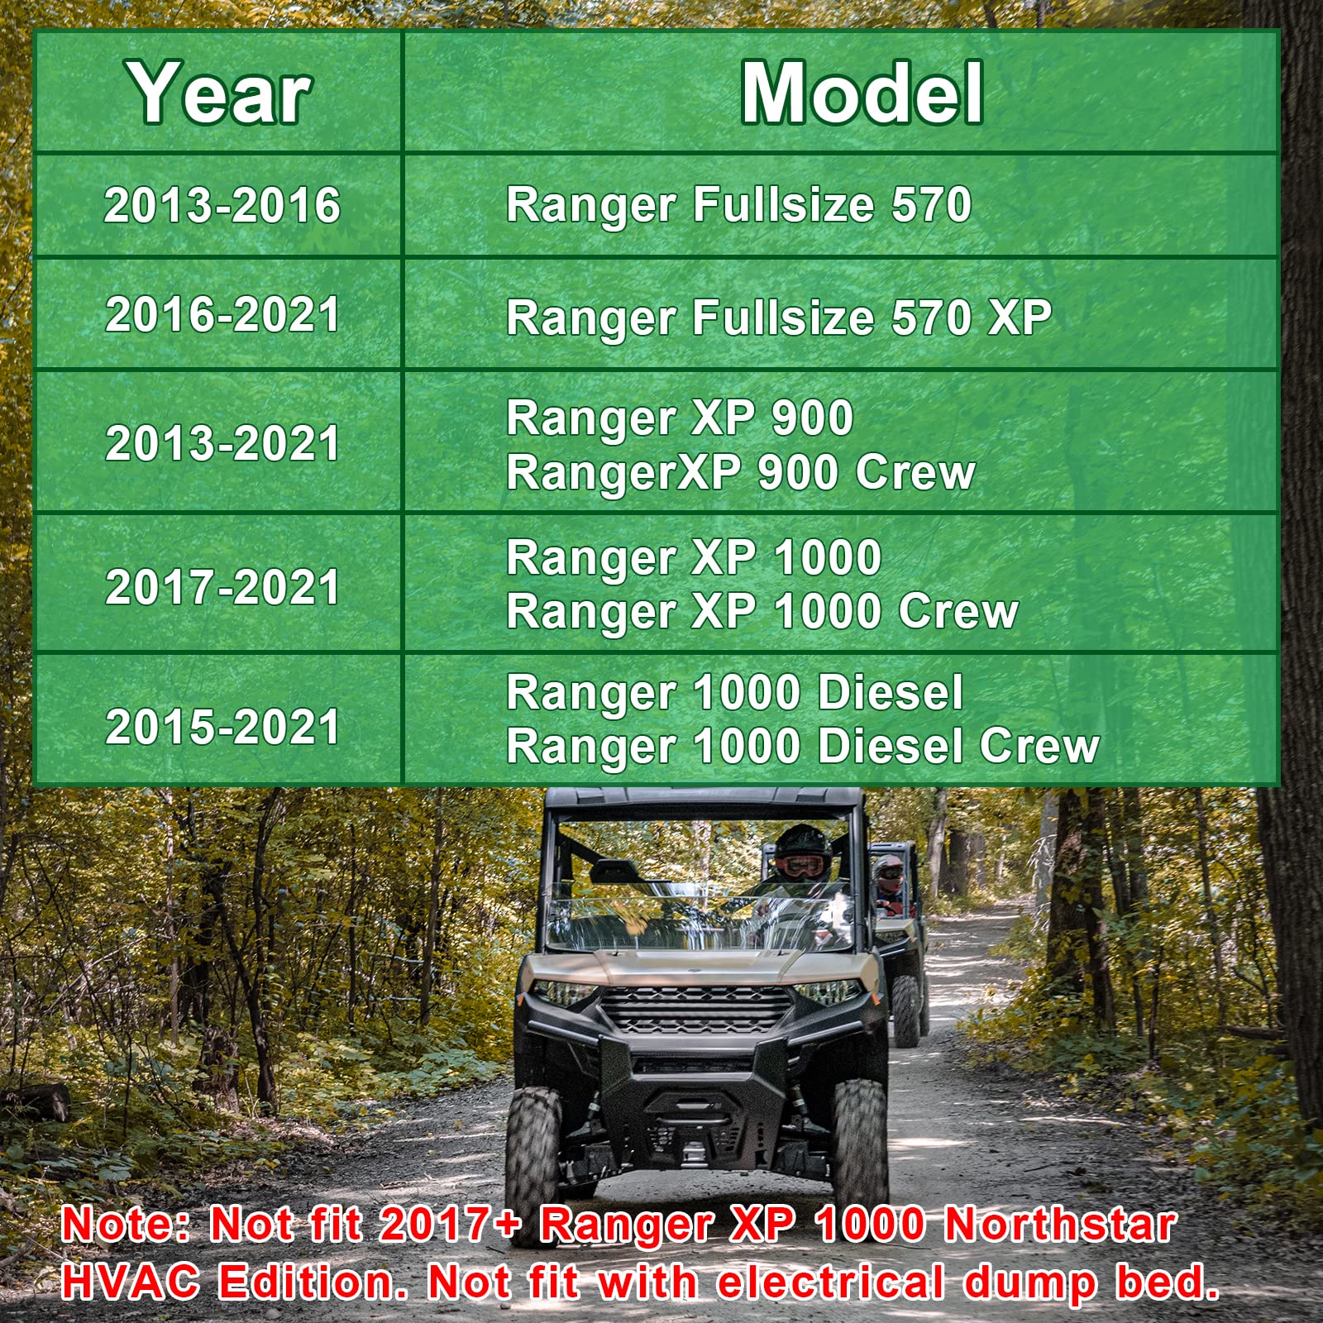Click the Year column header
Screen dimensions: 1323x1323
click(x=220, y=93)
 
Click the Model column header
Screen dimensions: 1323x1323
click(x=862, y=93)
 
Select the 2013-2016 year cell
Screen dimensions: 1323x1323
click(x=222, y=205)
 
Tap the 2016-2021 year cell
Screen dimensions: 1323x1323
click(x=222, y=315)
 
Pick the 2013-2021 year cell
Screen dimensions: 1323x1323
click(x=222, y=443)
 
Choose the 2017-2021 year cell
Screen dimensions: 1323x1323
click(x=222, y=586)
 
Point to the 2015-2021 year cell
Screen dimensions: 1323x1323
click(x=222, y=727)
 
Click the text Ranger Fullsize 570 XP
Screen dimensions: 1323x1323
click(x=778, y=318)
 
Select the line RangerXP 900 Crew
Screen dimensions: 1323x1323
click(x=740, y=472)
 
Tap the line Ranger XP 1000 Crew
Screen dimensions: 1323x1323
click(x=762, y=612)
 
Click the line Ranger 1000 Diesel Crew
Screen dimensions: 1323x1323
click(x=802, y=747)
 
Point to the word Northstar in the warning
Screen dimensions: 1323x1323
click(x=1060, y=1224)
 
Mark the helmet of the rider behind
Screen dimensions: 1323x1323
click(x=890, y=871)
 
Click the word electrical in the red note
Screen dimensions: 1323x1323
click(x=831, y=1282)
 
